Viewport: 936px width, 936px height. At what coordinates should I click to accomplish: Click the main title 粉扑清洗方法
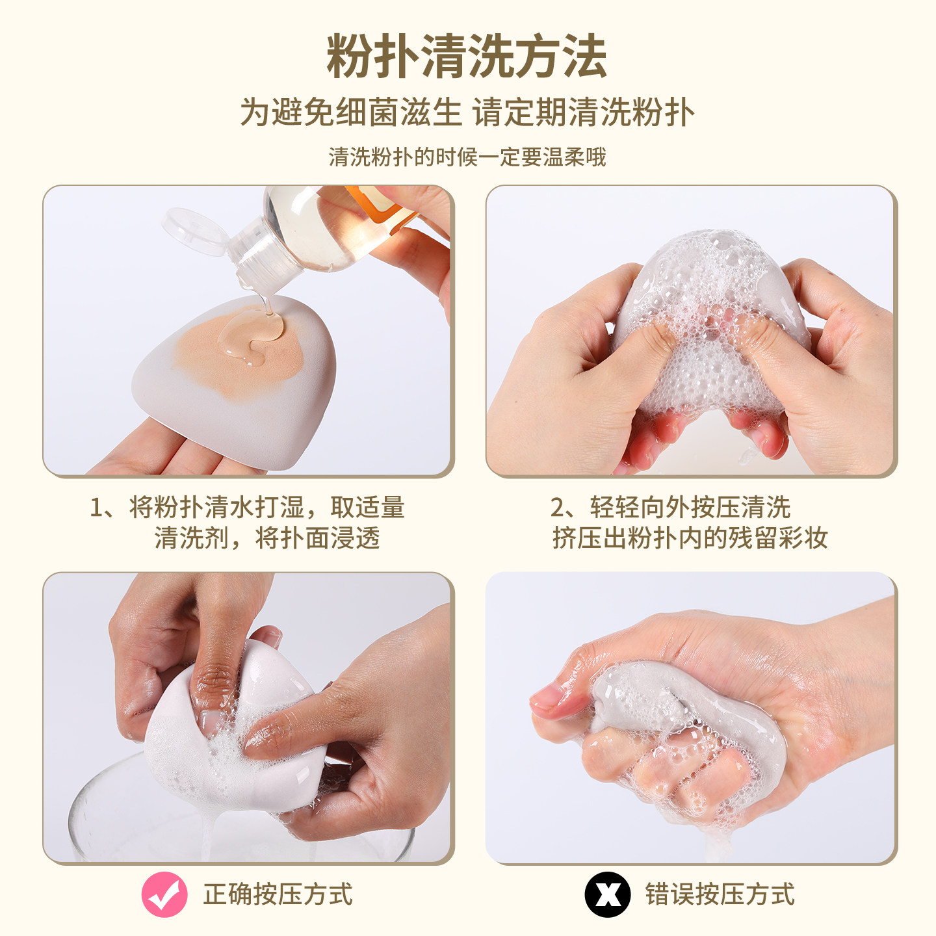(467, 57)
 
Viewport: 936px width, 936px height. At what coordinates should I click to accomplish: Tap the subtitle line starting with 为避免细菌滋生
(467, 112)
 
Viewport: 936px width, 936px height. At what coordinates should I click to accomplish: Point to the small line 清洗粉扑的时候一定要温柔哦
(467, 157)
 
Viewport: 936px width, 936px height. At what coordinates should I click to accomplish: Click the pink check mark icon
(164, 894)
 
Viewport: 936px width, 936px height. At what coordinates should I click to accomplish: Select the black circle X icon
(607, 894)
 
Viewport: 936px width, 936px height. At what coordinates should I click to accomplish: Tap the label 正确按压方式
(278, 894)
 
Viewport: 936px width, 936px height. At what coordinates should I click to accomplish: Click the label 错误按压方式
(720, 894)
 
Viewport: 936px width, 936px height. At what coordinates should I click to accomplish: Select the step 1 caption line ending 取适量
(247, 507)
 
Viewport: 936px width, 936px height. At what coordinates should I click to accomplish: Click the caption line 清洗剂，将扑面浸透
(266, 538)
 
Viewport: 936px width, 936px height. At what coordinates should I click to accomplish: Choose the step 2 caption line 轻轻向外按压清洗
(670, 507)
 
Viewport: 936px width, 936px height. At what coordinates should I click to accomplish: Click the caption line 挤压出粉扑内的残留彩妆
(690, 538)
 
